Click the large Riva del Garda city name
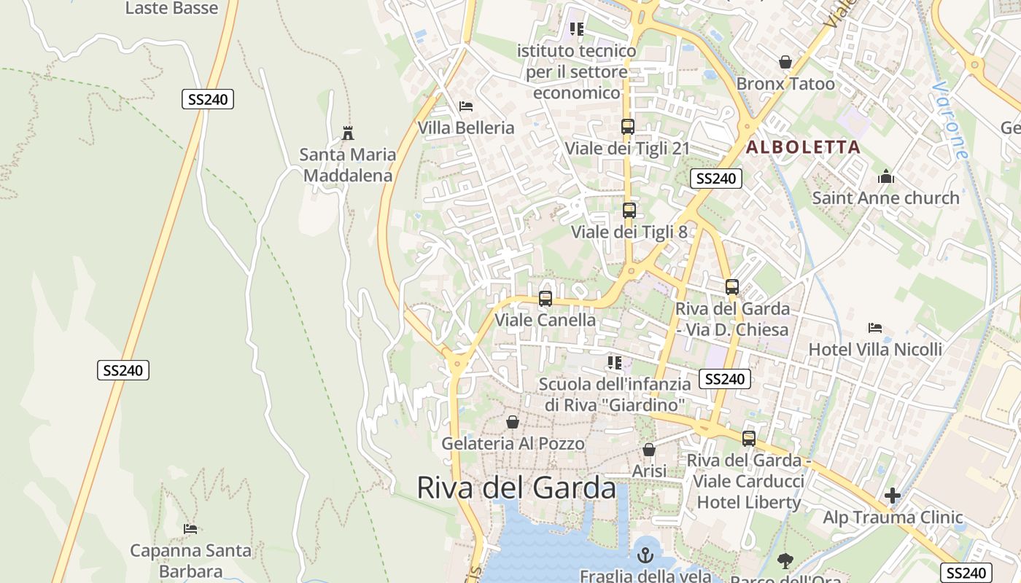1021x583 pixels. click(516, 488)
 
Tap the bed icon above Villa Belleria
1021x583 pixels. click(466, 106)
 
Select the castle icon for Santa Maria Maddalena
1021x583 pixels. click(348, 133)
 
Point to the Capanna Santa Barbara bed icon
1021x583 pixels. click(190, 528)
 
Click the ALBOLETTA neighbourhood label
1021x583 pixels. click(802, 147)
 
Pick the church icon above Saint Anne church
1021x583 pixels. click(886, 176)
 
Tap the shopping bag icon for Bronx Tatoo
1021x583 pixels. click(785, 63)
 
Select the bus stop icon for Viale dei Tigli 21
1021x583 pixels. click(627, 127)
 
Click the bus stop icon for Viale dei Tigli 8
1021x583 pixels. click(629, 211)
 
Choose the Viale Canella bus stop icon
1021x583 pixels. click(545, 299)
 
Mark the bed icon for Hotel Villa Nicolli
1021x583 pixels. click(875, 328)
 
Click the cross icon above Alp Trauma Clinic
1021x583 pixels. click(893, 496)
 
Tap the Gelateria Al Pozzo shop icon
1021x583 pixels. click(513, 422)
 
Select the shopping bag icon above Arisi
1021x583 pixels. click(649, 450)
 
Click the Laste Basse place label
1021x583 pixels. click(171, 9)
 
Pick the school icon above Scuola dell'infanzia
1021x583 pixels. click(614, 362)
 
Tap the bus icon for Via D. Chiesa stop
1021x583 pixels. click(732, 287)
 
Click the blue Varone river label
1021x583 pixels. click(951, 120)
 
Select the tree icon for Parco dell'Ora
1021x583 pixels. click(785, 560)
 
